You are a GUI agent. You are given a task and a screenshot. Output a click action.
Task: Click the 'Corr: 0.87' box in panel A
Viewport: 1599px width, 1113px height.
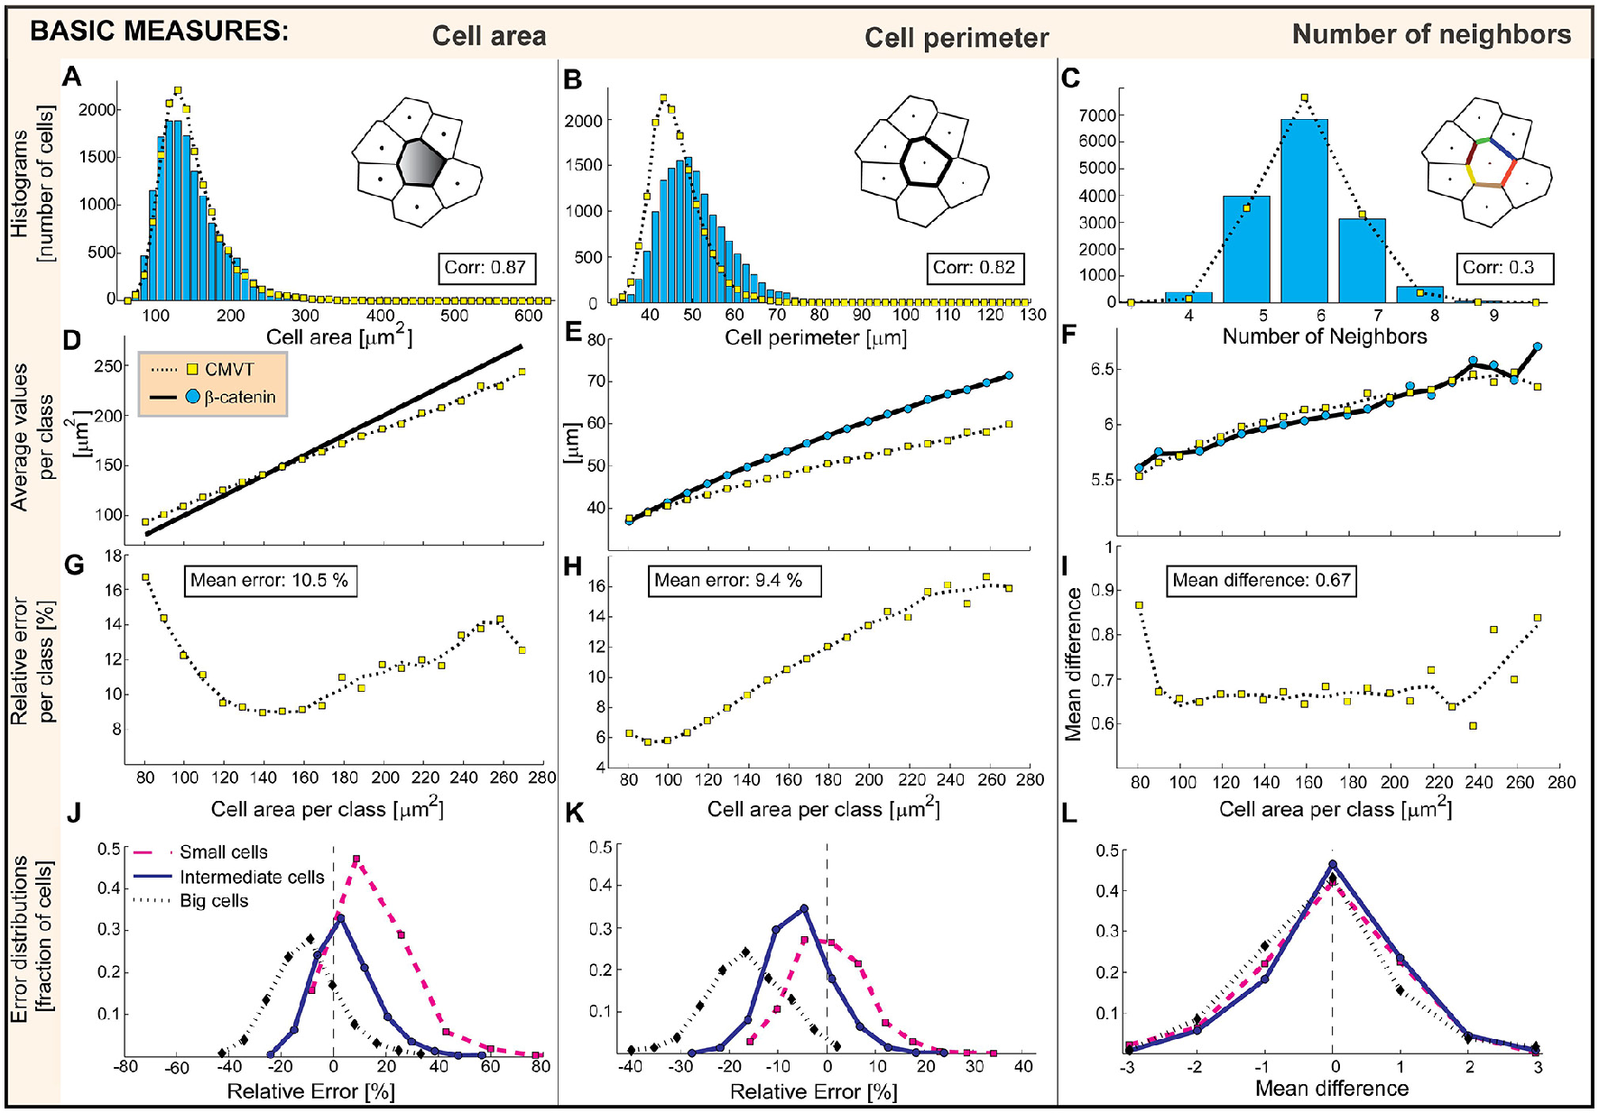(x=485, y=268)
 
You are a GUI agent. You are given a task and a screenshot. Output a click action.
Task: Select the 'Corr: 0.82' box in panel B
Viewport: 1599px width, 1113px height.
(x=974, y=268)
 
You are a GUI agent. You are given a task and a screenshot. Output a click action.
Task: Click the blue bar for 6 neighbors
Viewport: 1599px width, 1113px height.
(x=1304, y=212)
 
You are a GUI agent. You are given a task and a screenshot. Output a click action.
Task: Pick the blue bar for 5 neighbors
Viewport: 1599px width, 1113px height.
(x=1246, y=250)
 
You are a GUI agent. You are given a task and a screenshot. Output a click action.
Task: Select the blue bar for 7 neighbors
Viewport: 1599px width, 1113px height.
(x=1362, y=261)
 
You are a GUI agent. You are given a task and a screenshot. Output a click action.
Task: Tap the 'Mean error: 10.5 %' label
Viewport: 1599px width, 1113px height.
(x=269, y=580)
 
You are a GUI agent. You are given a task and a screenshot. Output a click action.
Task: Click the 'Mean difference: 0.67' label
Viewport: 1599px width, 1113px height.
(x=1262, y=580)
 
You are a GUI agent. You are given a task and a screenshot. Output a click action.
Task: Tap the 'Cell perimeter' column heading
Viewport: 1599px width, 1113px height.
(x=956, y=38)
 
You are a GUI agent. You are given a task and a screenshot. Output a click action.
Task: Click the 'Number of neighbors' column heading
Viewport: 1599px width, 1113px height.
(x=1431, y=34)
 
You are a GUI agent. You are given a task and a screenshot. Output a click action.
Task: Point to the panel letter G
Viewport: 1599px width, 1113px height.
(x=74, y=566)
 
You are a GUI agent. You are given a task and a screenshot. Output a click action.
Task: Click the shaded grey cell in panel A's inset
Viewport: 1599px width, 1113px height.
(x=420, y=162)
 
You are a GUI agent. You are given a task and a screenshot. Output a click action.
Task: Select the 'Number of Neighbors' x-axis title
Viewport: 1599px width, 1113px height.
(x=1324, y=336)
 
